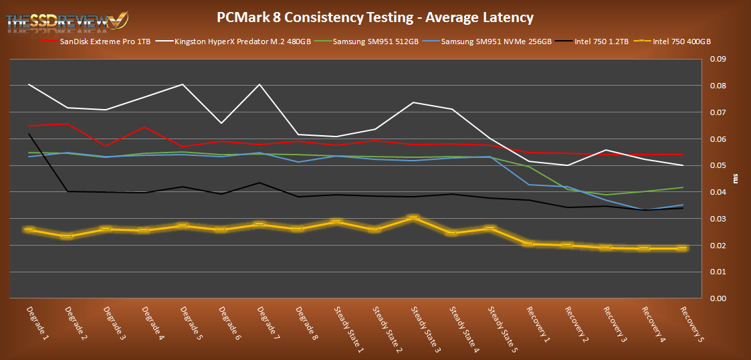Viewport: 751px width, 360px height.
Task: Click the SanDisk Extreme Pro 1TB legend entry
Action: point(113,41)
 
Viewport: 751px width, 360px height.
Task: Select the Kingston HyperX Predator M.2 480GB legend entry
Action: point(236,41)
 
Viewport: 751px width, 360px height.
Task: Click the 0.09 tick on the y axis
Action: point(717,60)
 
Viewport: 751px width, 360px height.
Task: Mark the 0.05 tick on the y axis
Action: point(717,166)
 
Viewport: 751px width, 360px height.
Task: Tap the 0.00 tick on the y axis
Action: point(717,298)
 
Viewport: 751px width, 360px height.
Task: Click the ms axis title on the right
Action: point(736,179)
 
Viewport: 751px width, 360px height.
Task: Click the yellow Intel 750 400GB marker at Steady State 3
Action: point(414,217)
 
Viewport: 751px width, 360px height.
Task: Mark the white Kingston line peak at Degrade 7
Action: point(259,84)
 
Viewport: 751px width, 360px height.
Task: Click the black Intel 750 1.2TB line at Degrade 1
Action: point(29,134)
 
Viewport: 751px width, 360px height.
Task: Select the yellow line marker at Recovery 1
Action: point(529,244)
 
